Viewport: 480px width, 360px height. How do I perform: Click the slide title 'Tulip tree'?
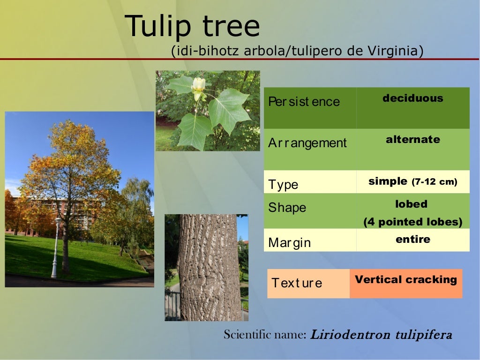tap(192, 26)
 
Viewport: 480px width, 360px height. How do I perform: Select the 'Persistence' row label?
tap(304, 102)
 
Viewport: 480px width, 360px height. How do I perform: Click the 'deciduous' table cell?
tap(412, 98)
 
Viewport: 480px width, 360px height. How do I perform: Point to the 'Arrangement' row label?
tap(307, 143)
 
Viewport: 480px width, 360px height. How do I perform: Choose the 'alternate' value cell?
tap(412, 140)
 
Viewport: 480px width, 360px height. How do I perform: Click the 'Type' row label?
tap(283, 184)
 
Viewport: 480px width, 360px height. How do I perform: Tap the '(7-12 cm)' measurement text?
tap(434, 182)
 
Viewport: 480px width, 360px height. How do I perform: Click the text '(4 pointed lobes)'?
tap(412, 222)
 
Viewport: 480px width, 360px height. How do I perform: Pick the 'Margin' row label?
tap(289, 243)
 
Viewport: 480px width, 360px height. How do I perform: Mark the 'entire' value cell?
tap(412, 240)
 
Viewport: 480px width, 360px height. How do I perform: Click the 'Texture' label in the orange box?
tap(297, 283)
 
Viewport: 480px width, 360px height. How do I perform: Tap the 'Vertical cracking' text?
tap(405, 280)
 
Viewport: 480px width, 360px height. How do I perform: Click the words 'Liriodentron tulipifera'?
tap(381, 335)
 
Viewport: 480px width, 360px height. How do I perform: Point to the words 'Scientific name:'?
tap(265, 335)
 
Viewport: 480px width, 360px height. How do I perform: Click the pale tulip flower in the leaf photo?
tap(198, 87)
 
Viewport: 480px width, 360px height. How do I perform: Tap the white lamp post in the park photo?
tap(56, 248)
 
